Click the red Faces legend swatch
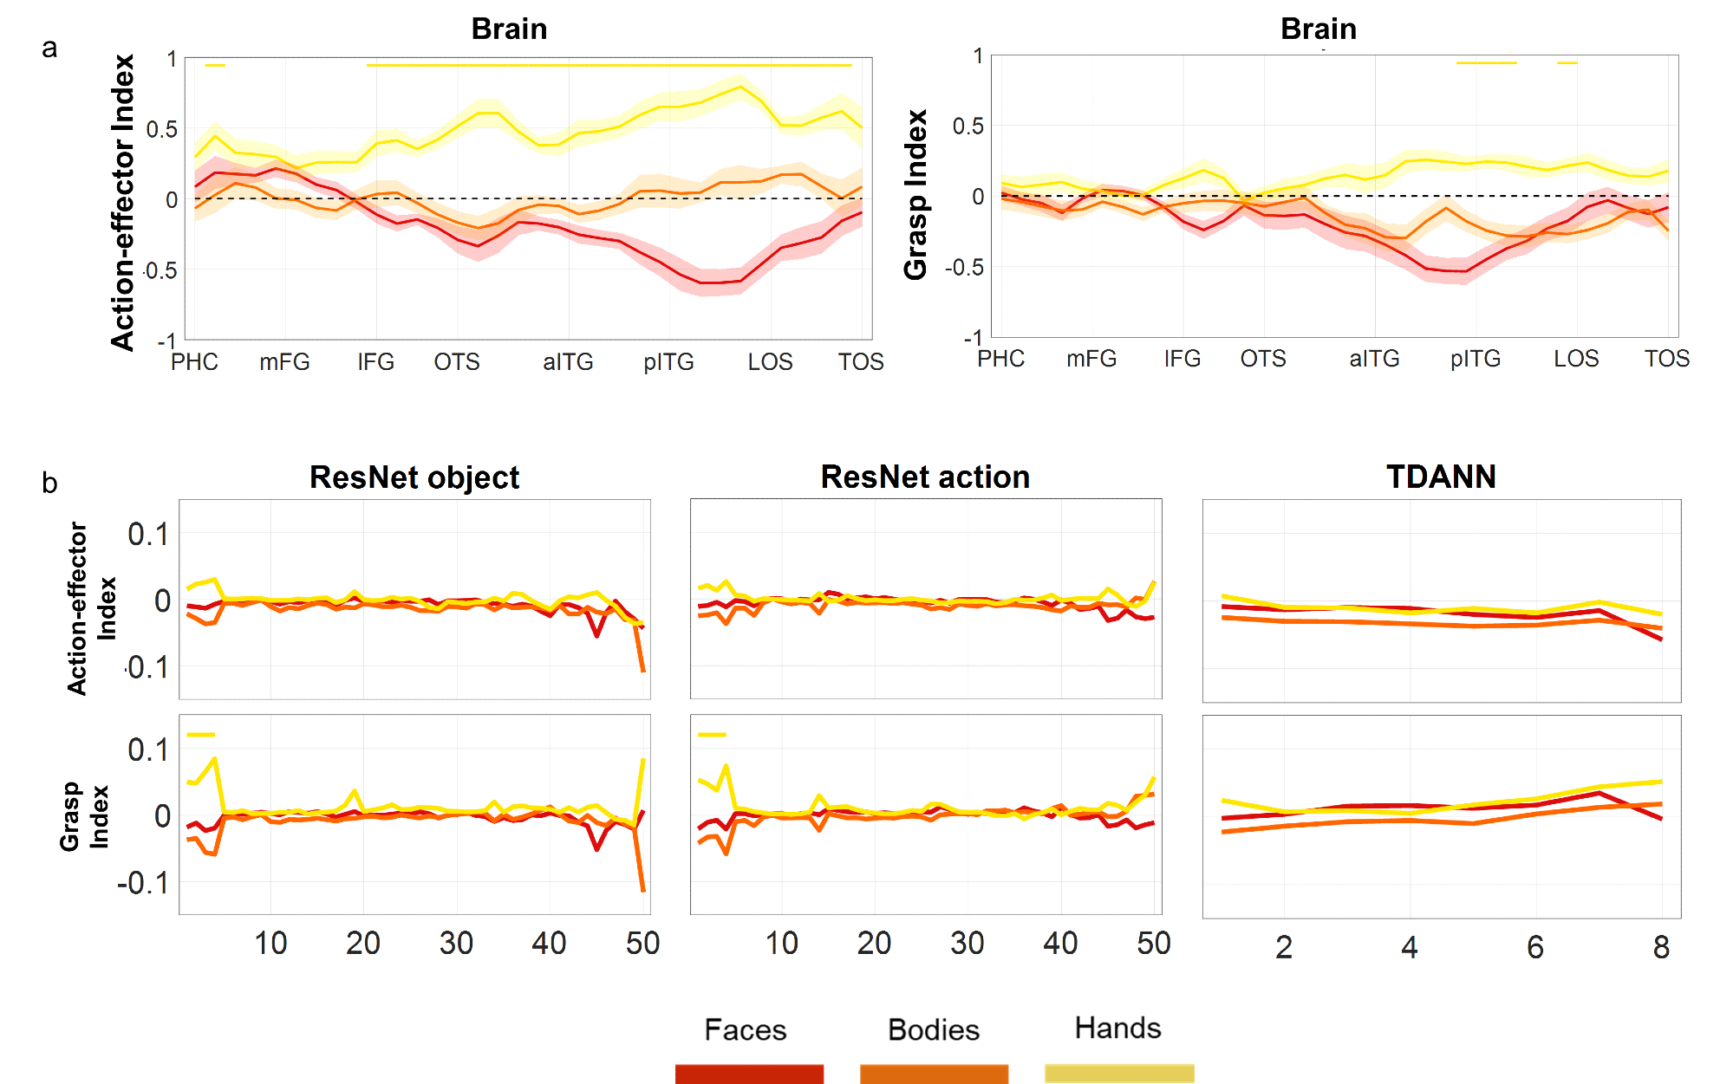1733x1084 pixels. click(x=749, y=1074)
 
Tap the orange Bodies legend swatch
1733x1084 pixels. click(x=934, y=1074)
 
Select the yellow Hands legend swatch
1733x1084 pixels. click(x=1119, y=1073)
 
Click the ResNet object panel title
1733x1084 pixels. click(x=414, y=477)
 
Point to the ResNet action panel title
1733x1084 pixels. click(x=925, y=477)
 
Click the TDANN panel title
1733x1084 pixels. click(x=1441, y=477)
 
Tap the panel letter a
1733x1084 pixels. click(x=49, y=48)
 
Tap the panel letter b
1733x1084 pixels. click(x=49, y=483)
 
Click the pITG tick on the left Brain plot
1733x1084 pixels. click(x=668, y=362)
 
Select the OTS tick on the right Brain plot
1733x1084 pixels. click(x=1263, y=359)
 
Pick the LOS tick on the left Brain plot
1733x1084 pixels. click(x=770, y=362)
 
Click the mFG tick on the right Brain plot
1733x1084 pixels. click(x=1091, y=359)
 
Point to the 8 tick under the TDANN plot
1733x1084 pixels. click(x=1661, y=947)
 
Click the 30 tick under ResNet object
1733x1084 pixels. click(x=456, y=943)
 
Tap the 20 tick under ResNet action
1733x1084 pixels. click(x=874, y=943)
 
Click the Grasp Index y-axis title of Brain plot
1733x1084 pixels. click(x=916, y=195)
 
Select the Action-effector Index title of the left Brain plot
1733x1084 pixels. click(x=123, y=202)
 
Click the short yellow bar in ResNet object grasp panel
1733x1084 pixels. click(x=201, y=735)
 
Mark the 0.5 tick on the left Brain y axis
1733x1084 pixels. click(x=162, y=129)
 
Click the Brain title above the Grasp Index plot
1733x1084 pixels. click(x=1318, y=29)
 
